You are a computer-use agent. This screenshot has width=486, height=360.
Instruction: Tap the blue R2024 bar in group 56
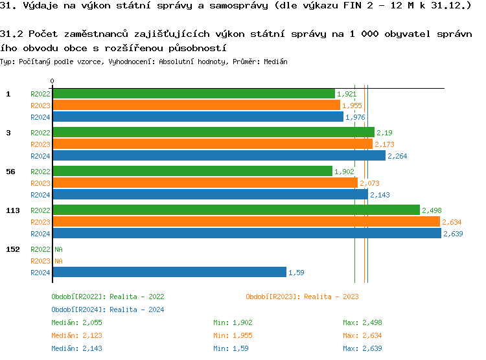tap(210, 195)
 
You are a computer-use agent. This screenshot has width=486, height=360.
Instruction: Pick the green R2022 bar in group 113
tap(236, 210)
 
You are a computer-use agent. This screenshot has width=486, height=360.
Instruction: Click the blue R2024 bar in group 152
tap(169, 273)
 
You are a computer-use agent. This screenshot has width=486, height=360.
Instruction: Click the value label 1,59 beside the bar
tap(296, 273)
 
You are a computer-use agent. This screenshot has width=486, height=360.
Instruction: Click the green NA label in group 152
tap(58, 249)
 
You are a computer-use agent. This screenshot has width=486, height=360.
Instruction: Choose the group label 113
tap(12, 210)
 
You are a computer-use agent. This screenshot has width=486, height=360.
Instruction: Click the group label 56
tap(10, 172)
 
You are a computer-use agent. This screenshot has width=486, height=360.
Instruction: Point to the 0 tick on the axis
tap(52, 82)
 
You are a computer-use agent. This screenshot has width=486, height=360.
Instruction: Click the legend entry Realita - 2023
tap(302, 297)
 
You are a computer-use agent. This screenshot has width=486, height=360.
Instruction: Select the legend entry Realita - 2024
tap(108, 309)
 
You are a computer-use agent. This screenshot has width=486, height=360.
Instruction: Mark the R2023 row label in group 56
tap(40, 183)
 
